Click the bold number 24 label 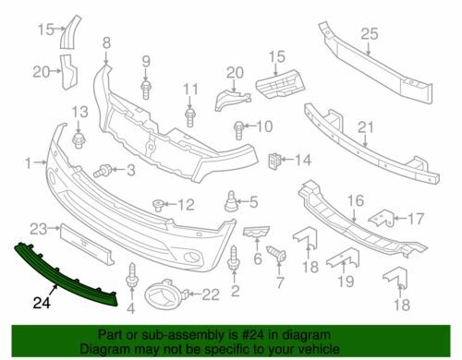coord(42,303)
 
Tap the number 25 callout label coord(370,34)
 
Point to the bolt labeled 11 coord(190,116)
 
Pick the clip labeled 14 coord(274,161)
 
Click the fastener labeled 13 coord(79,140)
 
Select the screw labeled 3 coord(103,171)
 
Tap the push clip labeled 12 coord(158,205)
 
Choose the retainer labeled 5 coord(231,202)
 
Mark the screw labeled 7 coord(277,254)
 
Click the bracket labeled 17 coord(382,219)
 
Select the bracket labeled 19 coord(344,258)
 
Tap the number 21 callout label coord(365,127)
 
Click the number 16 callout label coord(356,200)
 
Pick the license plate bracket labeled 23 coord(87,244)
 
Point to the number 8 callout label coord(106,43)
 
